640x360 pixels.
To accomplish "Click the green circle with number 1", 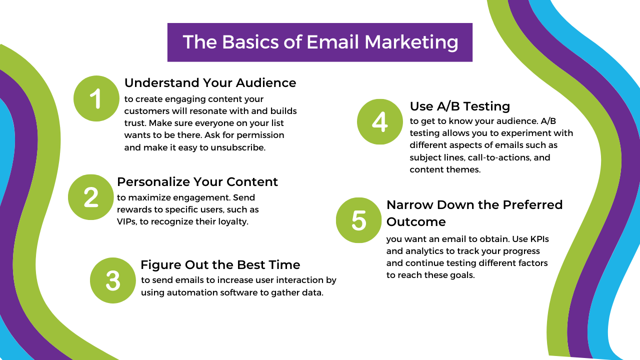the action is [x=96, y=98].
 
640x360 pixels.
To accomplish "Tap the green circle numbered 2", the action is [x=91, y=197].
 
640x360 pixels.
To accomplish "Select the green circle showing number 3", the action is [x=113, y=280].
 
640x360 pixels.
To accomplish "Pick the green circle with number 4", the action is [x=379, y=121].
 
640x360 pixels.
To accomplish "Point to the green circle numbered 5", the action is [x=358, y=220].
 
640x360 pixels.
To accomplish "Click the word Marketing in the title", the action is [x=411, y=42].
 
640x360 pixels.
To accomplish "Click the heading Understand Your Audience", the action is [x=210, y=83].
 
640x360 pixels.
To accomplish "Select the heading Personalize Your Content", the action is [x=197, y=182].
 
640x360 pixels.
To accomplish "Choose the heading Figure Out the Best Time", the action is [x=220, y=265].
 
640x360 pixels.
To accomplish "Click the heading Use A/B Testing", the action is [x=459, y=106].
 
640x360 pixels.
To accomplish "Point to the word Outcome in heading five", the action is [x=416, y=222].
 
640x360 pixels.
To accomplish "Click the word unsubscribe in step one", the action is [x=238, y=147].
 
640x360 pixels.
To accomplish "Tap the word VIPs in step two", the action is [x=127, y=221].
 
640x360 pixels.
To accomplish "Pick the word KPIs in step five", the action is [x=539, y=239].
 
